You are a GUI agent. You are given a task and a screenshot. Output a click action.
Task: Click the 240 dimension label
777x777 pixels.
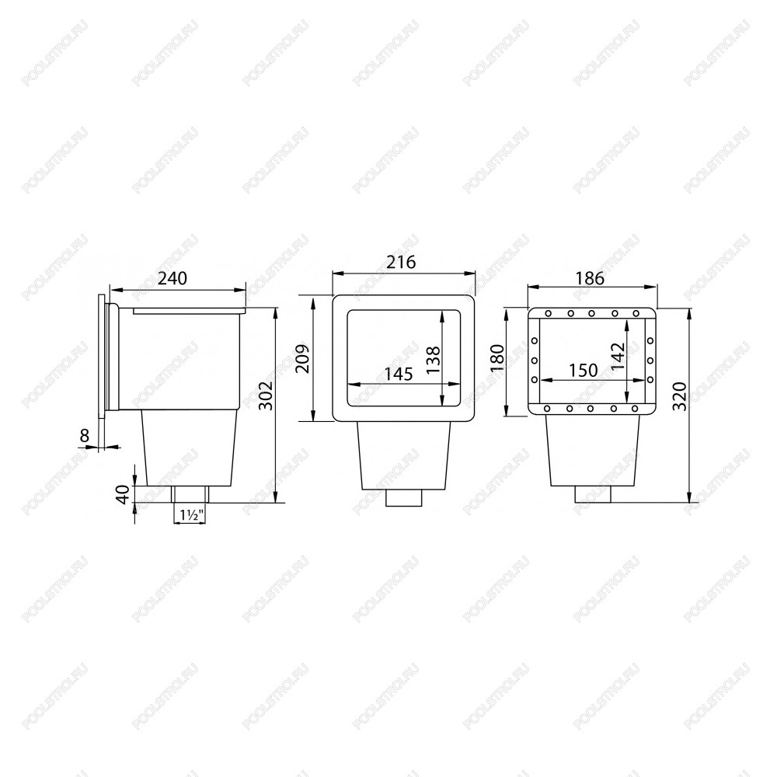[x=172, y=278]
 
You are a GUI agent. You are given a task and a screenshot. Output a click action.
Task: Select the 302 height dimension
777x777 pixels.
[x=266, y=395]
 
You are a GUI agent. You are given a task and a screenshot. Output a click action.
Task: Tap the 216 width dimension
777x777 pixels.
[x=402, y=262]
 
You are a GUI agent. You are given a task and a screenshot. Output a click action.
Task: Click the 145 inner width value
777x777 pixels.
[x=399, y=374]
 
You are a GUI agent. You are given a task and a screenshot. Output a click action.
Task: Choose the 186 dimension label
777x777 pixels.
[x=591, y=278]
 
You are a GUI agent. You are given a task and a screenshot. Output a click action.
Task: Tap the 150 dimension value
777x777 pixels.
[x=583, y=370]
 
